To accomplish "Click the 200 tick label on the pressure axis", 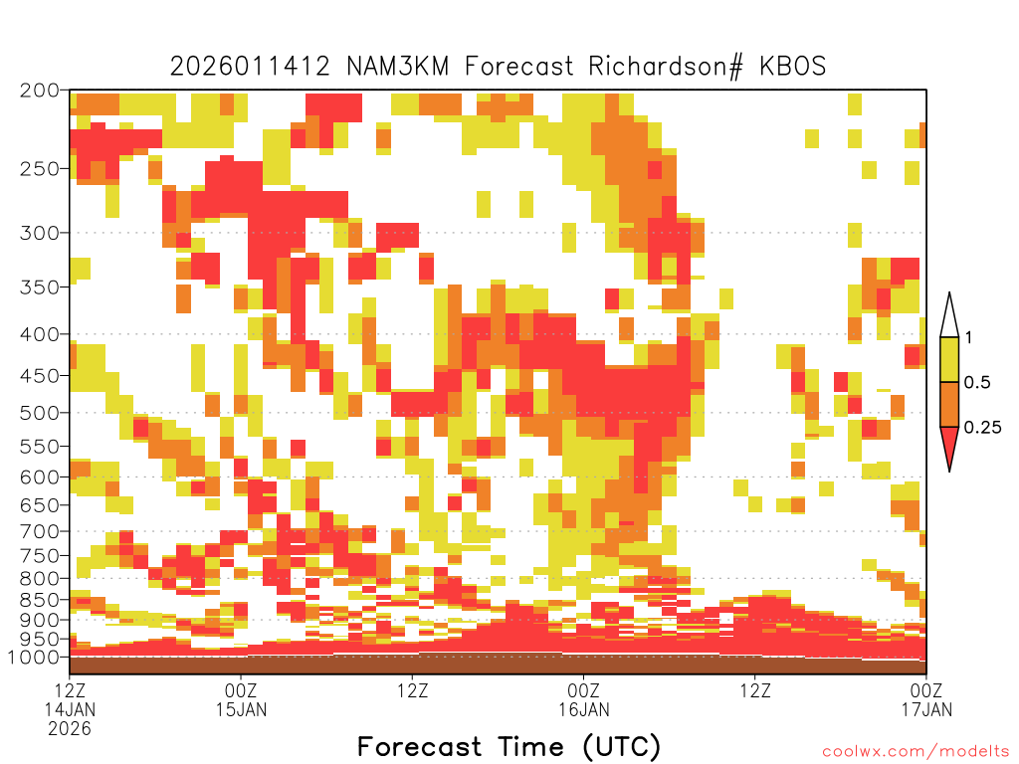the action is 39,91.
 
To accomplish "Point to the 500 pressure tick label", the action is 39,413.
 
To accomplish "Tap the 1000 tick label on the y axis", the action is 33,658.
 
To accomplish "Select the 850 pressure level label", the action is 39,600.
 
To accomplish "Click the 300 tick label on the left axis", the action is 39,233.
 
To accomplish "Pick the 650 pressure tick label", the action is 39,504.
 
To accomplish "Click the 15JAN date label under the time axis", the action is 241,709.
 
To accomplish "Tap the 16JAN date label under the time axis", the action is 583,709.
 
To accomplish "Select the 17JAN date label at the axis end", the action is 926,709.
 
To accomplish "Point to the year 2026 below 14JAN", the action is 70,729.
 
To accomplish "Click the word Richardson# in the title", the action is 666,67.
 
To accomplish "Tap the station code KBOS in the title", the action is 792,67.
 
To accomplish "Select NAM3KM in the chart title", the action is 398,67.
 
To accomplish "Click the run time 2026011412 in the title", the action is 250,67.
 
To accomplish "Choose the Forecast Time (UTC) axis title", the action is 509,746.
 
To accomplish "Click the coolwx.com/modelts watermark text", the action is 916,752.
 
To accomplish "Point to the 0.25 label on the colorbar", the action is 982,428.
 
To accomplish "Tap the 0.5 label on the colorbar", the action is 977,383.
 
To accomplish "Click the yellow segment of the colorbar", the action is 949,359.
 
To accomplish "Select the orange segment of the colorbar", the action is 949,404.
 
